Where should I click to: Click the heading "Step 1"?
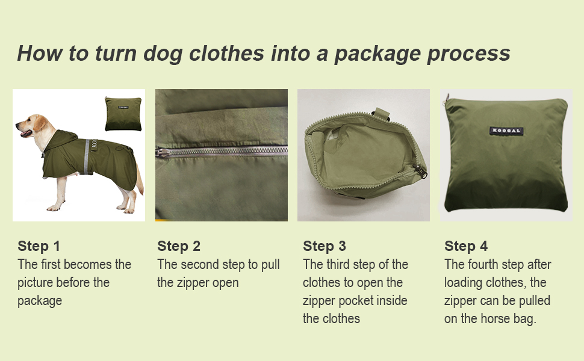[x=39, y=246]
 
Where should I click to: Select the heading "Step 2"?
[x=179, y=246]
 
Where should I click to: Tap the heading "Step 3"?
[x=325, y=246]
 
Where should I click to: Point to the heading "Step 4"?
[x=466, y=246]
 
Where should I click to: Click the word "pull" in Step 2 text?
[x=270, y=265]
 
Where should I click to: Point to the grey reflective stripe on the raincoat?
[x=87, y=156]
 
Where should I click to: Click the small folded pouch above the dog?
[x=123, y=114]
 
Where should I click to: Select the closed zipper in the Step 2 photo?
[x=222, y=152]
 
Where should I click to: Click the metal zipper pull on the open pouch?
[x=421, y=171]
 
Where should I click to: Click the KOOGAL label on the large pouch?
[x=506, y=131]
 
